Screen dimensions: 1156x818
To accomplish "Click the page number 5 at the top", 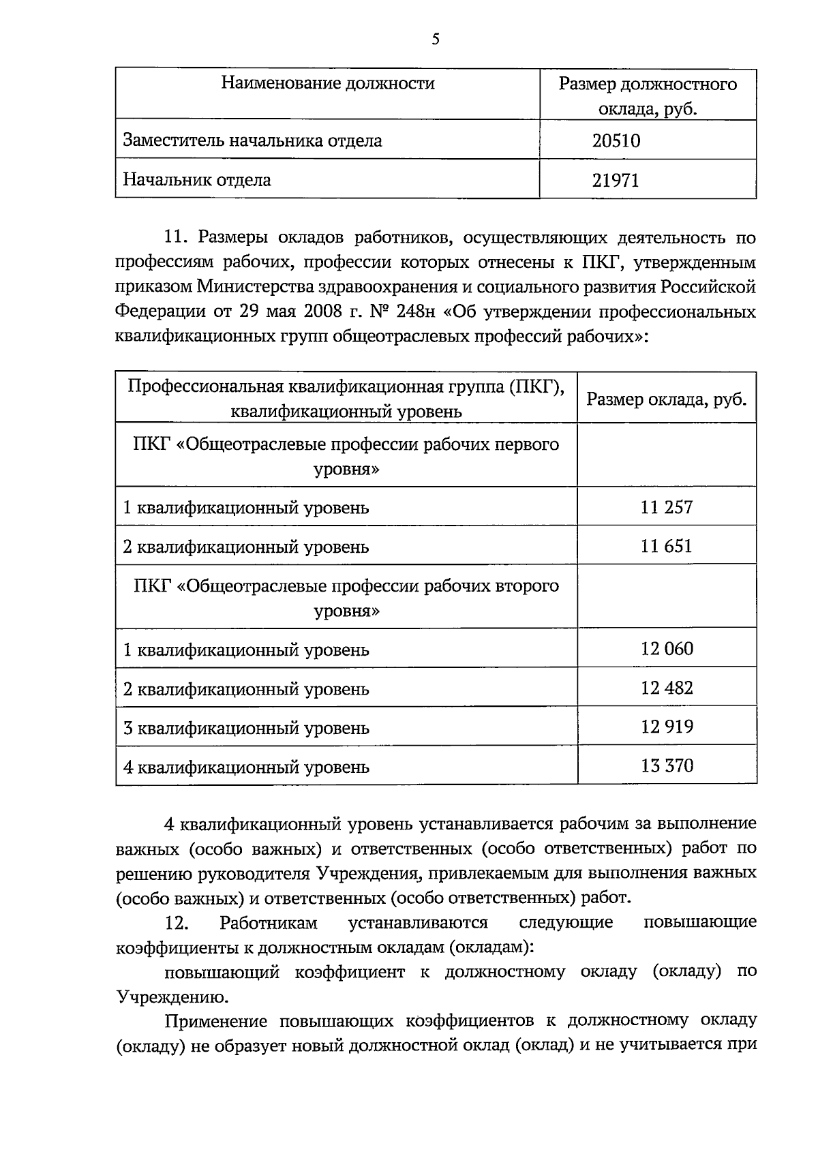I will pos(435,39).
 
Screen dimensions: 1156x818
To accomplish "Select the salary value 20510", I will pos(616,141).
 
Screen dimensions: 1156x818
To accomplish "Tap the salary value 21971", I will pos(616,180).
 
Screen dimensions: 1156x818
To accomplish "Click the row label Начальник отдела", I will pos(196,180).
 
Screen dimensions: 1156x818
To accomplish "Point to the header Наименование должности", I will pos(328,84).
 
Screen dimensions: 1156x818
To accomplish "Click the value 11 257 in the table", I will pos(666,506).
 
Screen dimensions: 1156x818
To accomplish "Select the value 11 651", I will pos(666,545).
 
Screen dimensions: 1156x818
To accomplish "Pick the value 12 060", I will pos(666,648).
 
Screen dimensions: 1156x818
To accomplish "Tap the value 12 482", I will pos(666,687).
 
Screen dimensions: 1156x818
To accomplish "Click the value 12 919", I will pos(666,726).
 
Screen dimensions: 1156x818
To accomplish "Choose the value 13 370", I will pos(666,765).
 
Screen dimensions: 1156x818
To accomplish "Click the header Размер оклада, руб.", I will pos(666,399).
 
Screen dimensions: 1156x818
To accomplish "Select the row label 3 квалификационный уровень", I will pos(246,728).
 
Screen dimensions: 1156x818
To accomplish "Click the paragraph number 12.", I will pos(176,923).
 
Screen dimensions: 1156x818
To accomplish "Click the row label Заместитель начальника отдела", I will pos(252,141).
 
